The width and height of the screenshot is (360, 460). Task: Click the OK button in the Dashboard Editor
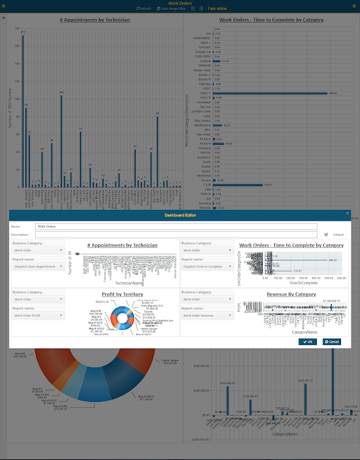click(x=308, y=342)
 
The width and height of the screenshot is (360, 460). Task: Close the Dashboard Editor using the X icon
click(x=347, y=213)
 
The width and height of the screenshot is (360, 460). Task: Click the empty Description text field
click(x=176, y=235)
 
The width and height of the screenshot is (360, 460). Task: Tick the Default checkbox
click(x=327, y=235)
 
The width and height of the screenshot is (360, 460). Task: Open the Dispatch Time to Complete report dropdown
click(x=206, y=266)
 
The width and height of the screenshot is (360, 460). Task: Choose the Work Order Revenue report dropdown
click(x=206, y=315)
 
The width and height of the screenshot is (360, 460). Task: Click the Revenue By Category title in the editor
click(x=291, y=294)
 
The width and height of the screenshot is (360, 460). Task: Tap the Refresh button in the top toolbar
click(x=144, y=9)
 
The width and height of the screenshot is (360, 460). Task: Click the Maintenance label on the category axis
click(x=204, y=125)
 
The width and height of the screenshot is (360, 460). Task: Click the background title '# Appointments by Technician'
click(x=95, y=20)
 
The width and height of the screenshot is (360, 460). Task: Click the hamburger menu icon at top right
click(x=354, y=5)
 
